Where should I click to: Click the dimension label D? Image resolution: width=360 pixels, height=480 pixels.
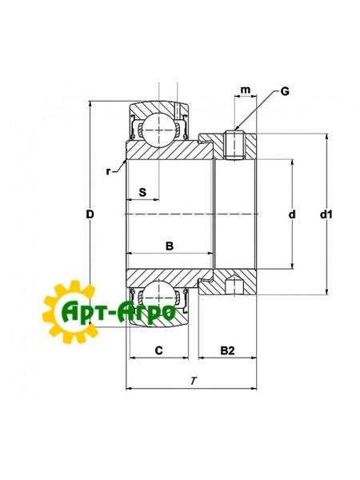(90, 214)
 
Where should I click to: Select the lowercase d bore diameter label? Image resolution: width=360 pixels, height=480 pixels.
(292, 214)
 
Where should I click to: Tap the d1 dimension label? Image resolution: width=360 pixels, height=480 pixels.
(326, 214)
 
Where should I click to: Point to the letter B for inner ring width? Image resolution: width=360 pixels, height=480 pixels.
(170, 246)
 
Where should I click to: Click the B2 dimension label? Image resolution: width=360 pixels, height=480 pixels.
(228, 350)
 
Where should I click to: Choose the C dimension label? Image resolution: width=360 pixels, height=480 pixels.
(158, 350)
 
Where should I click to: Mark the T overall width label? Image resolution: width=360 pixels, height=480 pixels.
(193, 380)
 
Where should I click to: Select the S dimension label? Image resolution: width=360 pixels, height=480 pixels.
(142, 192)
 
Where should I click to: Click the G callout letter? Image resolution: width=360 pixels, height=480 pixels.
(285, 91)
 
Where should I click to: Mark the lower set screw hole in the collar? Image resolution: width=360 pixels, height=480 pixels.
(233, 286)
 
